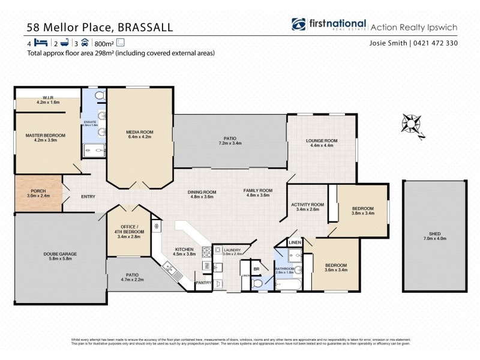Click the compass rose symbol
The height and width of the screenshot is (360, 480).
412,124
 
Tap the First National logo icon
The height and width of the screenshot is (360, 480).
299,25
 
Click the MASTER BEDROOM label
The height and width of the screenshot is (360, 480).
46,136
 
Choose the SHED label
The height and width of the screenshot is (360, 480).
434,234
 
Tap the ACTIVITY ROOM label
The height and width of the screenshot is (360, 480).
307,205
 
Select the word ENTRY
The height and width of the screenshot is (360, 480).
88,196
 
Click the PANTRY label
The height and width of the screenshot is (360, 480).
203,282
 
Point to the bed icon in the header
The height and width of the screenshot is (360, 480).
41,43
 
